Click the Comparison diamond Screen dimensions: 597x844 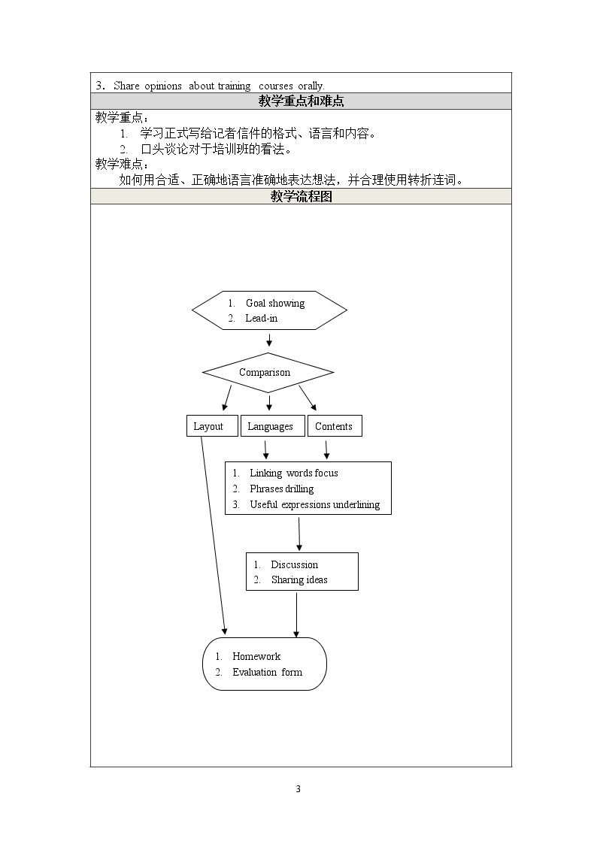tap(268, 373)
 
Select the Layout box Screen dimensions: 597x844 tap(212, 426)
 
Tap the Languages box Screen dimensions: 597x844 tap(272, 426)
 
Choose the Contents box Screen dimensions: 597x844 tap(335, 426)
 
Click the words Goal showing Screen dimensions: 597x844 tap(275, 304)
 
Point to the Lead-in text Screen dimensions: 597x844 tap(261, 318)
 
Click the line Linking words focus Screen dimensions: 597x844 tap(294, 473)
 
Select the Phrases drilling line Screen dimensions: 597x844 tap(281, 489)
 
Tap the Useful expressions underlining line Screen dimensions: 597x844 tap(315, 504)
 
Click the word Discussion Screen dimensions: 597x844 tap(295, 564)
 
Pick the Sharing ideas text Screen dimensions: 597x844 tap(299, 579)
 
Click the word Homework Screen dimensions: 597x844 tap(256, 656)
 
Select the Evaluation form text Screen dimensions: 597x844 tap(268, 673)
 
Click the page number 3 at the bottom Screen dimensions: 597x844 tap(298, 789)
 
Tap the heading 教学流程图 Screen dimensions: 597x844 tap(301, 196)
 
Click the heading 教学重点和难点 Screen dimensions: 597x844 tap(301, 101)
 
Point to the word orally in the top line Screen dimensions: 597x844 tap(311, 86)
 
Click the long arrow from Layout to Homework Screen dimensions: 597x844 tap(214, 536)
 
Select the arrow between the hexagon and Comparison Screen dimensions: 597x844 tap(269, 340)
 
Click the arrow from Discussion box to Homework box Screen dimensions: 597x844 tap(296, 614)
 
